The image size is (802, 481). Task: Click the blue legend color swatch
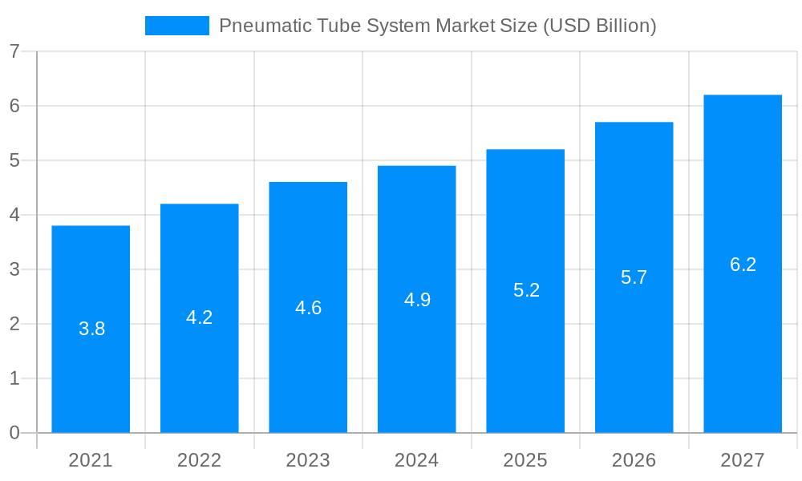(x=176, y=26)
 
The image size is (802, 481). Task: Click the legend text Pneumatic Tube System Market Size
(x=437, y=26)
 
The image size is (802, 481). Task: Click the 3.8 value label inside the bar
(x=91, y=329)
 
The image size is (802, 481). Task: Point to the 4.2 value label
(x=199, y=317)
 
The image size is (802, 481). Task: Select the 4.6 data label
(x=308, y=308)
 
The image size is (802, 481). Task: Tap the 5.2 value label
(x=526, y=290)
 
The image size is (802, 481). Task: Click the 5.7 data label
(x=634, y=277)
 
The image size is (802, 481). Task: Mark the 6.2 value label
(x=743, y=265)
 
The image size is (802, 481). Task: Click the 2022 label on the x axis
(x=199, y=460)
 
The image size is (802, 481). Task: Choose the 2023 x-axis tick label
(x=308, y=460)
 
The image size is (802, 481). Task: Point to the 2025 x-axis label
(x=525, y=460)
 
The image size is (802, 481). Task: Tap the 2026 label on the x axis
(x=634, y=460)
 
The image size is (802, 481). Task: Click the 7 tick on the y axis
(x=14, y=51)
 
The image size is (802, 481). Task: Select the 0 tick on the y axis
(x=14, y=433)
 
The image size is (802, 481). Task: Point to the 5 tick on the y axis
(x=14, y=160)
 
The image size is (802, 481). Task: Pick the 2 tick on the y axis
(x=14, y=324)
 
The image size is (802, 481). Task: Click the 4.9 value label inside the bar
(x=417, y=300)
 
